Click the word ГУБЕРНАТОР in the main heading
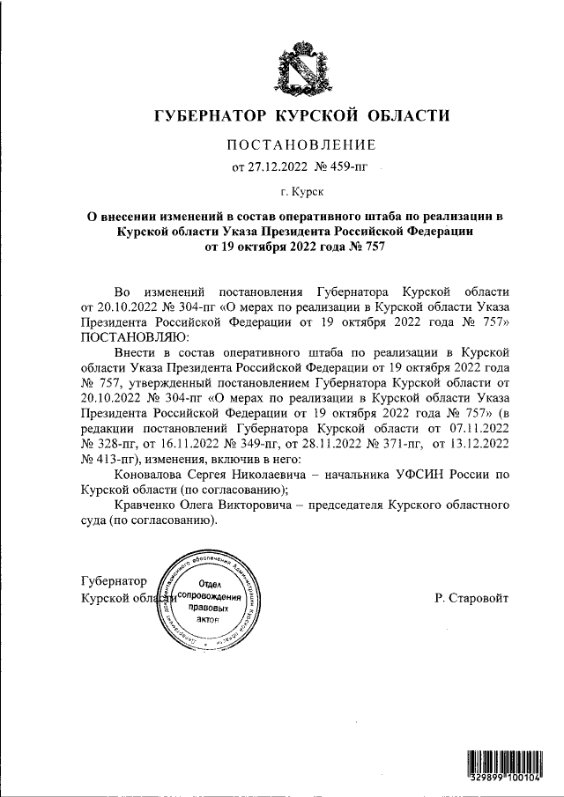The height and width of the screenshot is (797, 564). click(210, 115)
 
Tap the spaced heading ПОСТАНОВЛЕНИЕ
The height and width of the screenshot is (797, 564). click(303, 144)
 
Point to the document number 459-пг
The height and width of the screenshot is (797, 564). click(344, 166)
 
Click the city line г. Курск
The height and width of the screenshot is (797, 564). click(302, 190)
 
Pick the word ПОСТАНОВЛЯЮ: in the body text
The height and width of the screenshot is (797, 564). click(133, 337)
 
